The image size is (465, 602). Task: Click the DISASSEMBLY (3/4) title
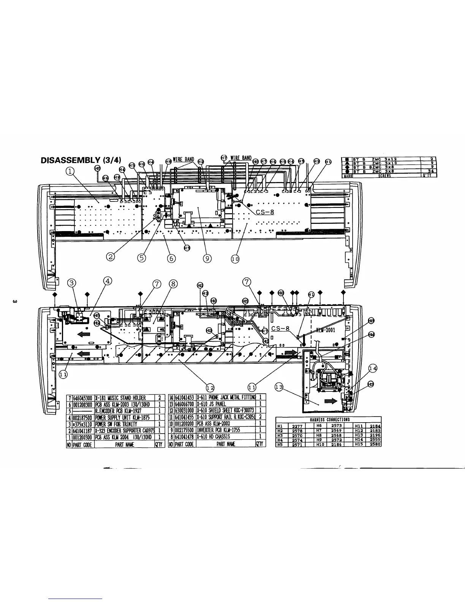[x=81, y=160]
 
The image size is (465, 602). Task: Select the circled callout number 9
[x=207, y=258]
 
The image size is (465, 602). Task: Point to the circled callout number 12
[x=209, y=387]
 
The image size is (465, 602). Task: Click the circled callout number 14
[x=373, y=368]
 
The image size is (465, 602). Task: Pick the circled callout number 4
[x=108, y=281]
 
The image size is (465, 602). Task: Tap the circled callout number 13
[x=279, y=387]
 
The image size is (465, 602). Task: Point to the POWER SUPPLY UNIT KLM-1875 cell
[x=122, y=417]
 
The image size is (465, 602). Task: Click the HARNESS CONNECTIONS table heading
[x=329, y=420]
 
